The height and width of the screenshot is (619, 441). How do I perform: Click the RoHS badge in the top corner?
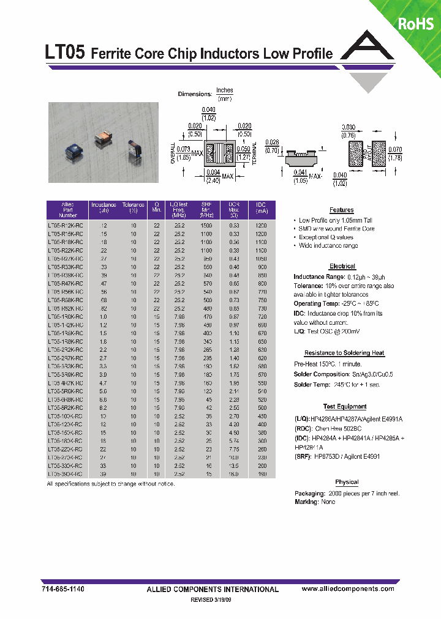416,24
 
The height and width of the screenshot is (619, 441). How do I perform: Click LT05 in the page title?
66,53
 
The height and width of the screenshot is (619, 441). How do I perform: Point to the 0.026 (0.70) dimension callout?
273,145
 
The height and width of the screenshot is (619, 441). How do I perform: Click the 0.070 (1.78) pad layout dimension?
396,154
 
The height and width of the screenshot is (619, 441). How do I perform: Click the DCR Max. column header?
233,210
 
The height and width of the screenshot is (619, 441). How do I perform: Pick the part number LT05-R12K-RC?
68,225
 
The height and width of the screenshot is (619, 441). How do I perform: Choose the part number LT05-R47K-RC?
68,284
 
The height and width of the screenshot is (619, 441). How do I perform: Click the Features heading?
341,210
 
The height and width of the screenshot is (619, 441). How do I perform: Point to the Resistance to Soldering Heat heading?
345,353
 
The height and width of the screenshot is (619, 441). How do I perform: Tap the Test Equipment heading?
345,406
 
